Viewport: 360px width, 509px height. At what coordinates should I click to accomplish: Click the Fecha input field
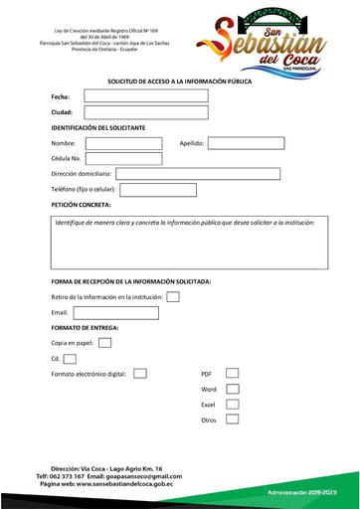(x=145, y=96)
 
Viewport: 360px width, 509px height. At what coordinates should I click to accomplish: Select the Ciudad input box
(x=145, y=112)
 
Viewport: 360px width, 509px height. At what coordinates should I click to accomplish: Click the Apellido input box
(x=246, y=143)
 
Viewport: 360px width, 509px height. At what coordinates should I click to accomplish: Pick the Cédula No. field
(x=123, y=158)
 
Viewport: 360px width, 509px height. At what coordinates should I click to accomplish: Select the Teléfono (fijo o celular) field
(x=158, y=190)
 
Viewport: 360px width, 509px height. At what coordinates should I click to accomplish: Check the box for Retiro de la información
(x=173, y=296)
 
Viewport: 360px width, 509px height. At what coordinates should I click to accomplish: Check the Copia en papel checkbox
(x=104, y=343)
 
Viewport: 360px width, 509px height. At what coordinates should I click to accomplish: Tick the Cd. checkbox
(x=70, y=359)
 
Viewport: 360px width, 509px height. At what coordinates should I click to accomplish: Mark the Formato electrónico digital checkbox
(x=140, y=374)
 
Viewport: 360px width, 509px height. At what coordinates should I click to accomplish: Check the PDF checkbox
(x=232, y=374)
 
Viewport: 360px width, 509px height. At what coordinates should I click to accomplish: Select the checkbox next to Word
(x=232, y=389)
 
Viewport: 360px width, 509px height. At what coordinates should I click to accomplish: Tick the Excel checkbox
(x=232, y=405)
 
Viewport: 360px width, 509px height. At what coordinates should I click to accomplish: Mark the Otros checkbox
(x=232, y=420)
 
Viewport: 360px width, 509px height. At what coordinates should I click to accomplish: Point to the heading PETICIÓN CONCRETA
(x=82, y=205)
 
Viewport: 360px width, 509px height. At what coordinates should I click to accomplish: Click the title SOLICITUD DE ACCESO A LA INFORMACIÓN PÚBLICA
(x=179, y=82)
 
